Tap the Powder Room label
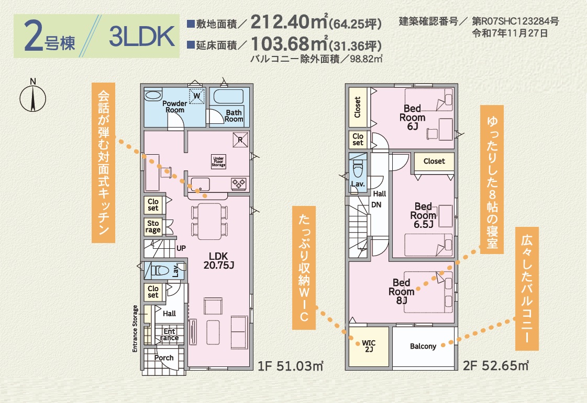tap(175, 107)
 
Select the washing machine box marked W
tap(197, 96)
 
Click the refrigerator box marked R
tap(240, 140)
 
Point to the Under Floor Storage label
tap(219, 162)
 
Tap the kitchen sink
tap(200, 185)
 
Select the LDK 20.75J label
tap(219, 261)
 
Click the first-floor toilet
tap(159, 270)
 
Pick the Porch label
tap(164, 358)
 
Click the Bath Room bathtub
tap(228, 97)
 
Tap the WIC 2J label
tap(369, 346)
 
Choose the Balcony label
tap(423, 346)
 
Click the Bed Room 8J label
tap(401, 291)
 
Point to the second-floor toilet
tap(358, 170)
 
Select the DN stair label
tap(376, 205)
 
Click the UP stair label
tap(181, 248)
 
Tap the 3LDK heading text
tap(142, 36)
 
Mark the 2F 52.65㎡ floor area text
tap(496, 365)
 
